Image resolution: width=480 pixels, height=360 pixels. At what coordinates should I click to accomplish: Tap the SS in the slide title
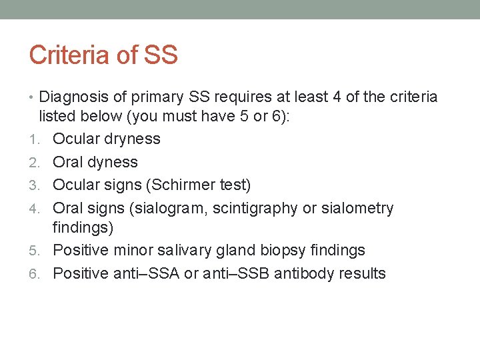pos(159,55)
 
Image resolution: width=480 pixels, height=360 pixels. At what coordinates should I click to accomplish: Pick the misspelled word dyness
pos(113,162)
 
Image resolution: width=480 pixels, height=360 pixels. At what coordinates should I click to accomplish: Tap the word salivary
pos(183,251)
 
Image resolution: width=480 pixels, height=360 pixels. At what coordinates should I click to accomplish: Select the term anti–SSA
pos(140,273)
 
